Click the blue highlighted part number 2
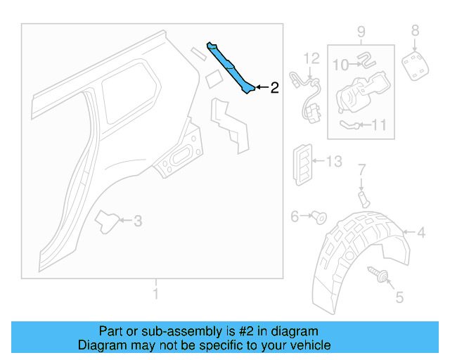[x=230, y=67]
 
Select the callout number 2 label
[x=274, y=88]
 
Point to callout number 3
[x=138, y=221]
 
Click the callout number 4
[x=420, y=233]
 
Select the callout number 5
[x=399, y=298]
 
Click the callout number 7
[x=361, y=169]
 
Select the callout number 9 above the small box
[x=361, y=32]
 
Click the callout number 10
[x=340, y=65]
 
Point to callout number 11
[x=379, y=126]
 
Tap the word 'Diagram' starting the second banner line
[x=101, y=345]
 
